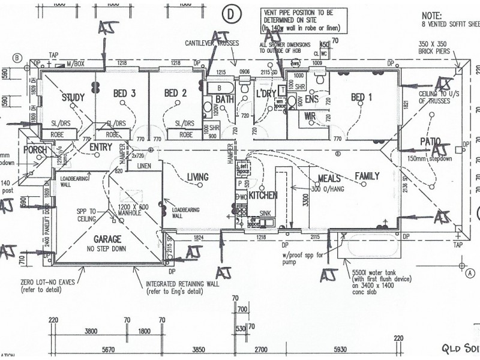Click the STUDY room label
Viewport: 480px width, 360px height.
tap(73, 98)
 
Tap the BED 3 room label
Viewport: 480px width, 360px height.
tap(124, 93)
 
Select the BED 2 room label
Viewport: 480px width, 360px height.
tap(176, 93)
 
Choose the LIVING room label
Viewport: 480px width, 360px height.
tap(197, 177)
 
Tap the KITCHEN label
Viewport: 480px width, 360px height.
tap(263, 196)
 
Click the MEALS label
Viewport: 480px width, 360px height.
tap(330, 179)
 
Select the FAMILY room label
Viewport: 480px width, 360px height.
tap(367, 176)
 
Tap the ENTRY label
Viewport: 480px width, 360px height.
tap(101, 146)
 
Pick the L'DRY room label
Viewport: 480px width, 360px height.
tap(265, 94)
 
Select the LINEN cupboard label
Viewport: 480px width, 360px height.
tap(144, 166)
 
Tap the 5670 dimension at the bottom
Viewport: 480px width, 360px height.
tap(109, 350)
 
